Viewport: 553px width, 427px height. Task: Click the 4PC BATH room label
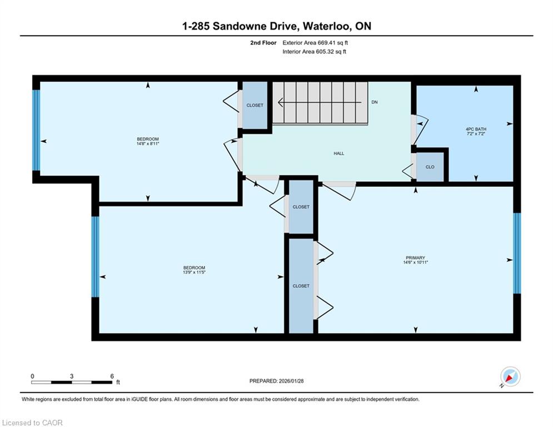(x=476, y=129)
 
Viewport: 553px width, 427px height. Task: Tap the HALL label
(x=338, y=153)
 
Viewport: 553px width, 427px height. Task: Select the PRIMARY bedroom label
(x=415, y=257)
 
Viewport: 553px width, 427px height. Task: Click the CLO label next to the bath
(x=430, y=167)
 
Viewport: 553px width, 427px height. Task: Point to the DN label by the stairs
(x=375, y=102)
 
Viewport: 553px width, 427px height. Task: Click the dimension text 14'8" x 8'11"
(x=148, y=143)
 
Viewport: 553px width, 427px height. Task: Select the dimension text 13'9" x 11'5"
(x=194, y=272)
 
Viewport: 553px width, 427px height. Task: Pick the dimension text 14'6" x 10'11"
(x=416, y=262)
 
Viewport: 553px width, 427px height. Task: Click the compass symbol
(x=510, y=377)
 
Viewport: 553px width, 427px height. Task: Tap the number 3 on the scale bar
(x=72, y=376)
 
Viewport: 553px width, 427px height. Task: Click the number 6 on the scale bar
(x=112, y=376)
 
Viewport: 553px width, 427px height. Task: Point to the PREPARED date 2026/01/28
(x=291, y=381)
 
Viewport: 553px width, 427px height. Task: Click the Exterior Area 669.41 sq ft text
(x=315, y=43)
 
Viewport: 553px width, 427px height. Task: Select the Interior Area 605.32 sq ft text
(x=314, y=52)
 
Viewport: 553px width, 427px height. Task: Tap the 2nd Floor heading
(x=263, y=43)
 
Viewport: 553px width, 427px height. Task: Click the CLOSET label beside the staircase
(x=255, y=105)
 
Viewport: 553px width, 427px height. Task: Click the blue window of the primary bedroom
(x=517, y=253)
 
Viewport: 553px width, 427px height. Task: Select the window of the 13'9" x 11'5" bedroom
(x=95, y=256)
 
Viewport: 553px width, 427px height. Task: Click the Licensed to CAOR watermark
(x=32, y=423)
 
